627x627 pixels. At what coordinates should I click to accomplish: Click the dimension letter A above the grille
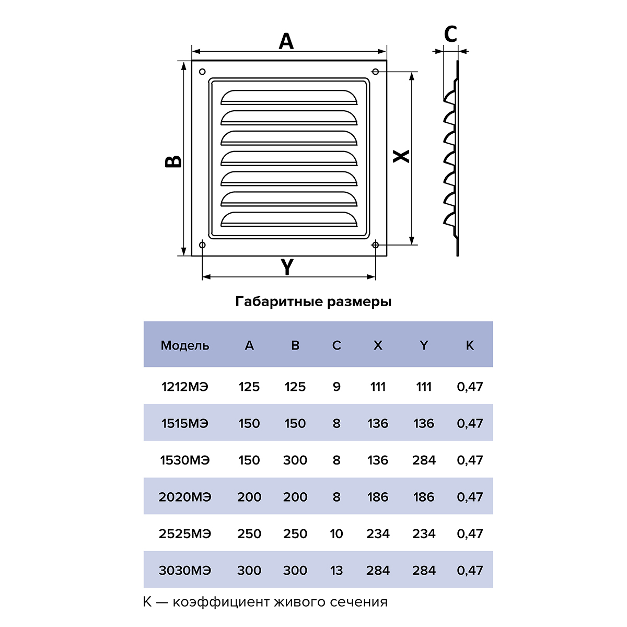[x=286, y=41]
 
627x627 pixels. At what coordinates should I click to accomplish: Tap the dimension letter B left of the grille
[x=173, y=161]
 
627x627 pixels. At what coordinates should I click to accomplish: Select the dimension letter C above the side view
[x=450, y=34]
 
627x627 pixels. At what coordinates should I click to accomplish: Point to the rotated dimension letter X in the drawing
[x=401, y=156]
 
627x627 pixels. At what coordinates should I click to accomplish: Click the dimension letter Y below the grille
[x=287, y=267]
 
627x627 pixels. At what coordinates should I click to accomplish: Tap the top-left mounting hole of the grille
[x=202, y=72]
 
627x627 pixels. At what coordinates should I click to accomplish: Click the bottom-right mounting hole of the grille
[x=375, y=245]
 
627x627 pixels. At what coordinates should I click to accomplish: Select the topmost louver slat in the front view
[x=289, y=97]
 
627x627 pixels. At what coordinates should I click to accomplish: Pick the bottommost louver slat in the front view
[x=289, y=219]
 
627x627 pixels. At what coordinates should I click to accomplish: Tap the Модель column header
[x=185, y=345]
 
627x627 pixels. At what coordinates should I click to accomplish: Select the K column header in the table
[x=470, y=345]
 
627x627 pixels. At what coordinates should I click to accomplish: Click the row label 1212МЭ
[x=185, y=387]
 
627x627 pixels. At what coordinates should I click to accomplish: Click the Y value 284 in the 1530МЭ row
[x=424, y=460]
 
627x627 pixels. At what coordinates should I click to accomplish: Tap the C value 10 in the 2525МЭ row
[x=336, y=533]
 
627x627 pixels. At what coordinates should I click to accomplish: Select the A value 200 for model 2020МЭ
[x=249, y=497]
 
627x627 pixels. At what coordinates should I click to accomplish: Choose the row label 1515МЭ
[x=185, y=423]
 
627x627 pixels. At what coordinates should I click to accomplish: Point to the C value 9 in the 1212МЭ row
[x=336, y=387]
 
